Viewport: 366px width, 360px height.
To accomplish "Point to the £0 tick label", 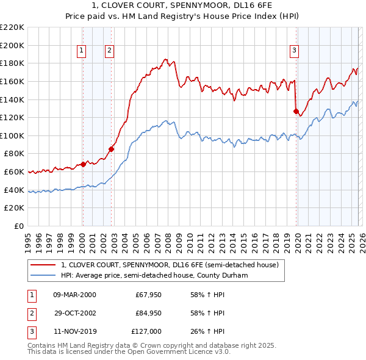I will coord(18,226).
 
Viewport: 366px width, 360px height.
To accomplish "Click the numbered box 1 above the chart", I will coord(81,51).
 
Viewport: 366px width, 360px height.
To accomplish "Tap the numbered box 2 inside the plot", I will coord(109,51).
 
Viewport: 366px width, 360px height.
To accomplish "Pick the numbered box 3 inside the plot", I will coord(294,51).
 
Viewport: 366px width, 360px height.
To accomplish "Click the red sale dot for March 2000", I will coord(83,164).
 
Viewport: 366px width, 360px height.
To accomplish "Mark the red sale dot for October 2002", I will coord(112,148).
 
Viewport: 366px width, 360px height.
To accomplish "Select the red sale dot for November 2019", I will coord(296,111).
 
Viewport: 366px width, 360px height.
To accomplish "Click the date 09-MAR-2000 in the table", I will coord(74,295).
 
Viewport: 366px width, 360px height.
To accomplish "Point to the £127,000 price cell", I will coord(146,331).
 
